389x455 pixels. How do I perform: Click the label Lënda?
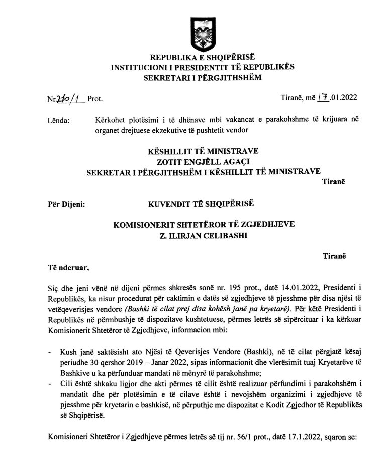tap(58, 120)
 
